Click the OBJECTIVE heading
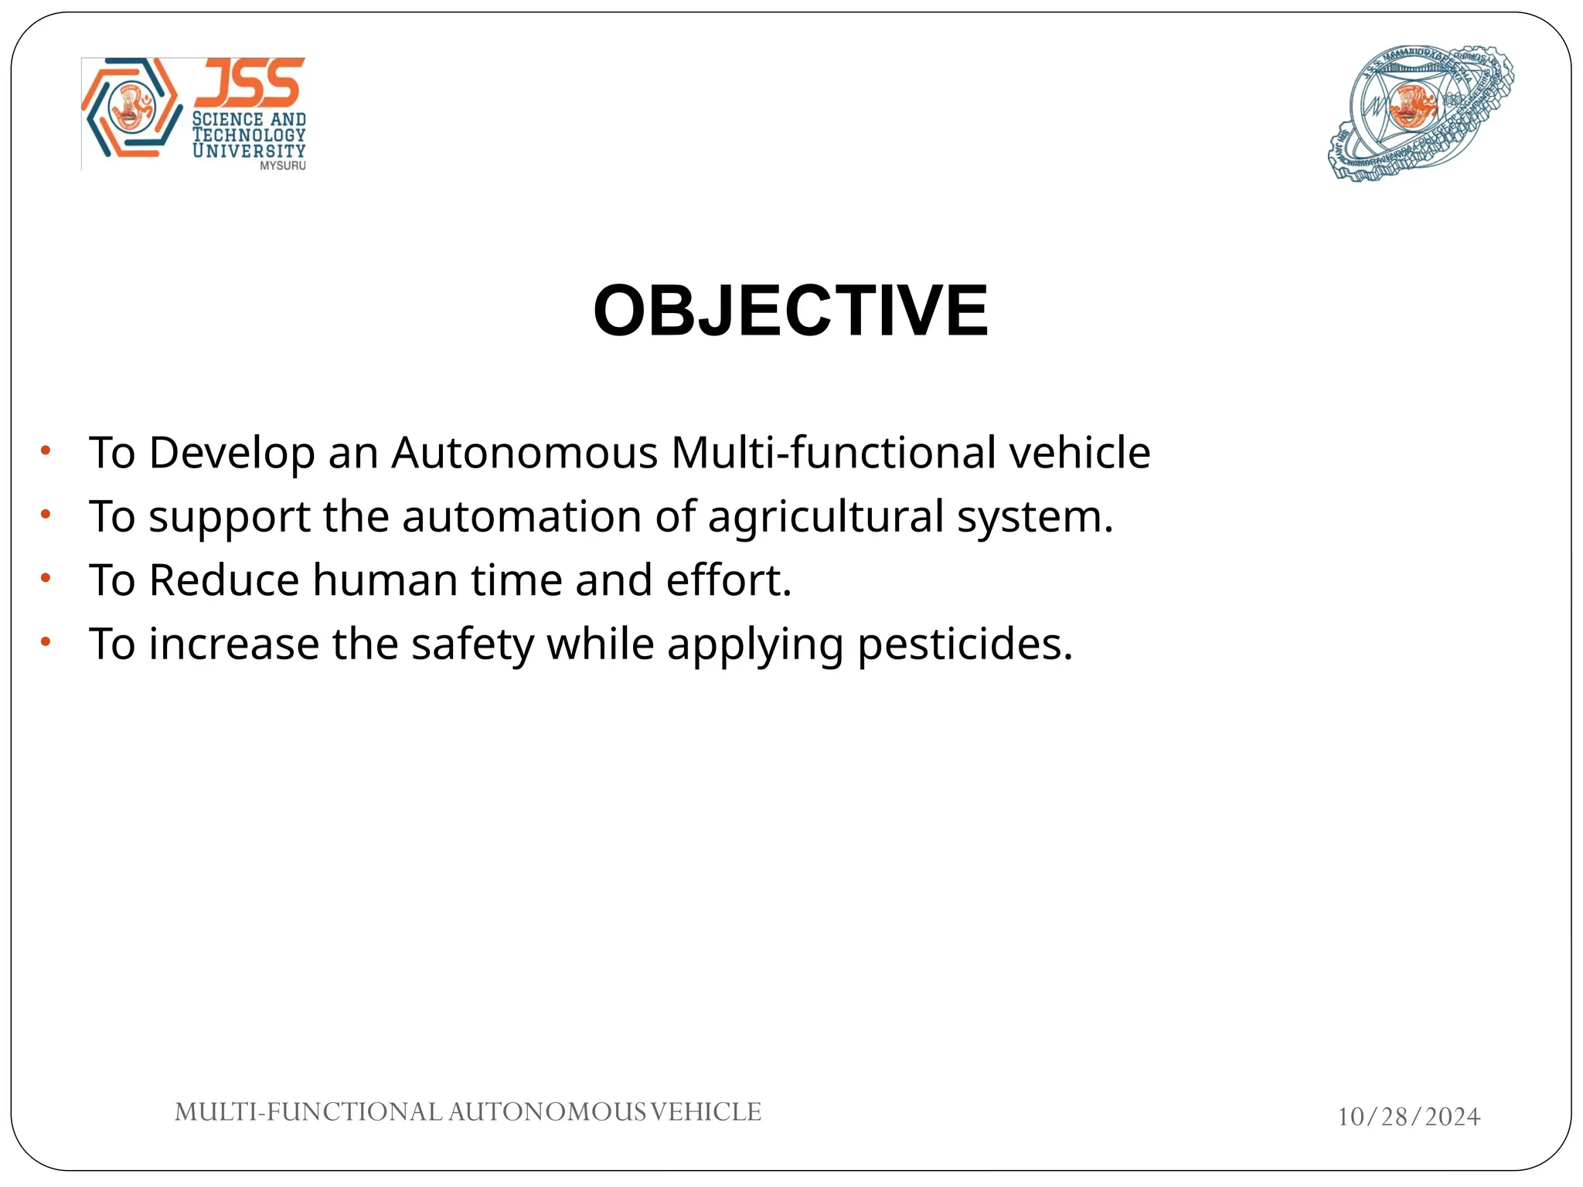pos(790,311)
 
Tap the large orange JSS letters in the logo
pos(249,83)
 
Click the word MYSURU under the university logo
pos(282,165)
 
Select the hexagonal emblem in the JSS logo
pos(131,108)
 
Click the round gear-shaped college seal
pos(1420,112)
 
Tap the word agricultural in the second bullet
pos(826,517)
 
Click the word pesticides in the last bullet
pos(965,645)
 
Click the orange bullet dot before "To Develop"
pos(46,450)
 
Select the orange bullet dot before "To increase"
pos(46,641)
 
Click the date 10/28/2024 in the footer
pos(1408,1117)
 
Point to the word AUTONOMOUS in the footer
pos(547,1112)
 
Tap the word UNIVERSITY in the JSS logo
pos(249,151)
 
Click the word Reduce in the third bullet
pos(223,580)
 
